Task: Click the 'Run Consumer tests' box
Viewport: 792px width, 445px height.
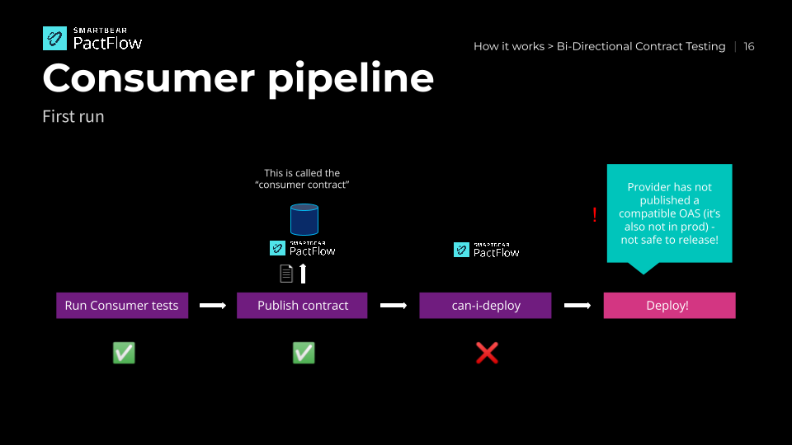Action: coord(122,305)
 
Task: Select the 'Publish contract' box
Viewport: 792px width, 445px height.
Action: coord(302,305)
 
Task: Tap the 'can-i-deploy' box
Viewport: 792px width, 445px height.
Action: coord(486,305)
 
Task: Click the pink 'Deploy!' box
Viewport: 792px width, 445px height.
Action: coord(669,305)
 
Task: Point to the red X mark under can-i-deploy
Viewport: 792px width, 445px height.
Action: coord(487,353)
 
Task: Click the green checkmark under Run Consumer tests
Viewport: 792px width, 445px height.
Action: coord(124,353)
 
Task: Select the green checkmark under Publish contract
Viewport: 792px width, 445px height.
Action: coord(304,353)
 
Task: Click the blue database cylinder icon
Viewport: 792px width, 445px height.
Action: coord(304,219)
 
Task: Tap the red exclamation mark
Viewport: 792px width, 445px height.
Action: coord(594,215)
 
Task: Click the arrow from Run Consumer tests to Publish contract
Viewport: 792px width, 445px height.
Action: coord(212,306)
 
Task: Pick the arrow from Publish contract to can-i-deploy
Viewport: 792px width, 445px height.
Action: coord(393,306)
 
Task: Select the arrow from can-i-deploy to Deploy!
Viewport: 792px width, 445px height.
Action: coord(577,306)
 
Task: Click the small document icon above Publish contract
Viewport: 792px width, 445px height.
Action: coord(286,273)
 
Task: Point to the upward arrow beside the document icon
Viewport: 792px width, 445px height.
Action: coord(303,273)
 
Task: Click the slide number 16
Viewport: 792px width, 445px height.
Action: coord(749,46)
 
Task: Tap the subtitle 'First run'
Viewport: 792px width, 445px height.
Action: coord(73,116)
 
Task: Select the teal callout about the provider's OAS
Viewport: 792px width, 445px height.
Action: coord(669,213)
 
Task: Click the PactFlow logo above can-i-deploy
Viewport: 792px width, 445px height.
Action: coord(487,250)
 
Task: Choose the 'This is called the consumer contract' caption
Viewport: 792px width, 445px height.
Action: coord(302,179)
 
